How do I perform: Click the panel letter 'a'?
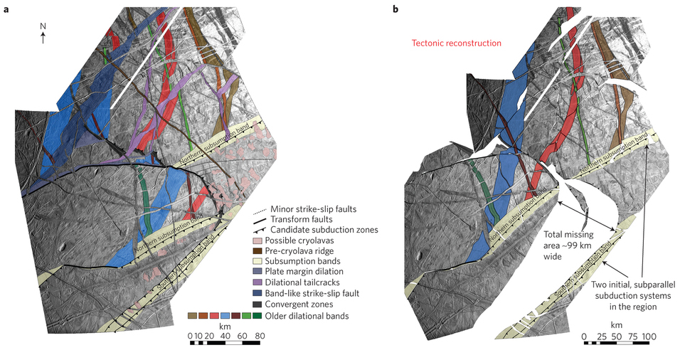(x=6, y=9)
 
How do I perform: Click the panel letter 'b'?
(x=395, y=9)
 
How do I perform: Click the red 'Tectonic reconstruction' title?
(x=456, y=43)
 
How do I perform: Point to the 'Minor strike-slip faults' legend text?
(x=314, y=209)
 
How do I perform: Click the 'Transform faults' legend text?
(x=302, y=219)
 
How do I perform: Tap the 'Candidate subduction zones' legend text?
(x=324, y=230)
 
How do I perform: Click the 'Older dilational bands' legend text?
(x=307, y=316)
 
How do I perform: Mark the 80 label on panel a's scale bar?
(x=260, y=336)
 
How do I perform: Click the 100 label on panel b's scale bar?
(x=649, y=337)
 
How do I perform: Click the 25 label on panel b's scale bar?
(x=602, y=337)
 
